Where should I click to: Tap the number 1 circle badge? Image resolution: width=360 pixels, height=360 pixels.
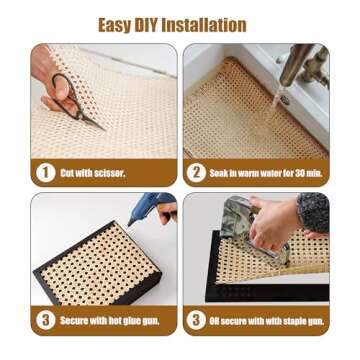pyautogui.click(x=45, y=172)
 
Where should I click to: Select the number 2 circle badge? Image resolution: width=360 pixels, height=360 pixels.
pyautogui.click(x=196, y=172)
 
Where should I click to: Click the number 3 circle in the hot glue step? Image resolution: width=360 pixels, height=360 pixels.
pyautogui.click(x=45, y=320)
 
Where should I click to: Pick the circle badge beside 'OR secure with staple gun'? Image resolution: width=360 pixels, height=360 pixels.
pyautogui.click(x=196, y=320)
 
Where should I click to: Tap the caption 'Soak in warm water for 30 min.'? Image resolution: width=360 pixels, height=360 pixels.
pyautogui.click(x=265, y=173)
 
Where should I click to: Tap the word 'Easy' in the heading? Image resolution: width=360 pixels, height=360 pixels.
pyautogui.click(x=115, y=24)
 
